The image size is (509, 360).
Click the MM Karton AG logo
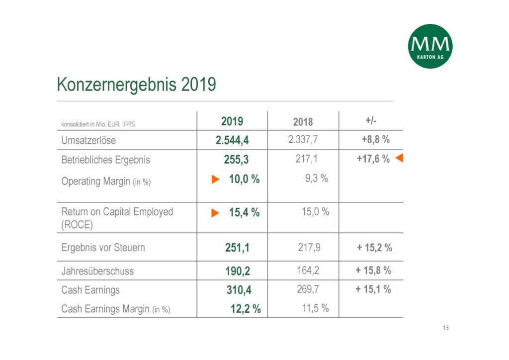(430, 46)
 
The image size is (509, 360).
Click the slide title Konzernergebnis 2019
(137, 85)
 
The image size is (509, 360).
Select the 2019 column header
(232, 121)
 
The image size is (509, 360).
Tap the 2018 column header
(303, 122)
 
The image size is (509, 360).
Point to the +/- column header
(371, 121)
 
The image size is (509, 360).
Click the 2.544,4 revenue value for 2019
(232, 140)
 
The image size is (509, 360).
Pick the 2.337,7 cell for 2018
(303, 140)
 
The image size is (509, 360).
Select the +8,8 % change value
(375, 140)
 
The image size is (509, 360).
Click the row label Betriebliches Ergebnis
(105, 160)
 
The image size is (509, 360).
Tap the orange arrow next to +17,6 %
(399, 159)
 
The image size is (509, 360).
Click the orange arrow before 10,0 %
(215, 180)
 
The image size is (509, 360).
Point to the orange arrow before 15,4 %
(215, 213)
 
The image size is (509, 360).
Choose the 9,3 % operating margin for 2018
(316, 178)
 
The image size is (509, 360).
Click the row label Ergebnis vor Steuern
(103, 247)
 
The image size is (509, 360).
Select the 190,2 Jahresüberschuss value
(238, 271)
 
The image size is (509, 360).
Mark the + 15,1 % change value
(373, 289)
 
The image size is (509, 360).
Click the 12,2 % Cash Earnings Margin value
(246, 309)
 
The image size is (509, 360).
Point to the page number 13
(445, 328)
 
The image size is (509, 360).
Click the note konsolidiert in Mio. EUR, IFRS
(98, 124)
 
